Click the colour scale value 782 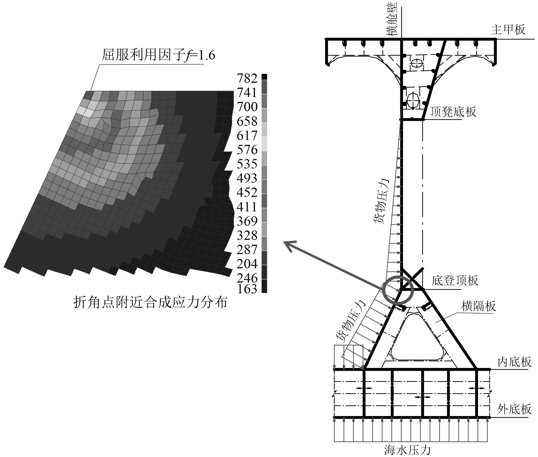247,79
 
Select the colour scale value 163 247,289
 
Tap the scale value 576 247,150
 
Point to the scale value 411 247,207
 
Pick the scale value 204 247,264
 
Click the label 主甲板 508,30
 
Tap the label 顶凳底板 453,112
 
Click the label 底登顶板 455,281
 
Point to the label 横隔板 479,306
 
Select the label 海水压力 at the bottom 407,450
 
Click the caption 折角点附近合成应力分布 150,302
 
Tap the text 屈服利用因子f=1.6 158,55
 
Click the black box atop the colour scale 264,77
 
